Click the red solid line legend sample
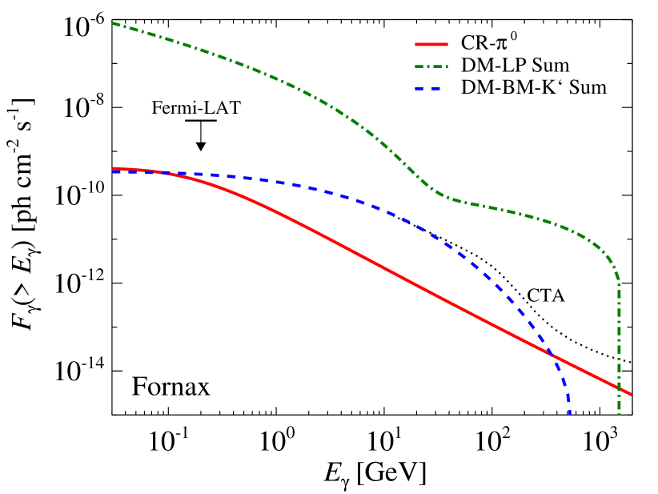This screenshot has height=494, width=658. coord(431,45)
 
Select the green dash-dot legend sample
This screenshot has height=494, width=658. coord(431,66)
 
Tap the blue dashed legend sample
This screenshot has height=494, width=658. coord(431,89)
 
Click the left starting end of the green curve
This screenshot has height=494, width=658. coord(113,23)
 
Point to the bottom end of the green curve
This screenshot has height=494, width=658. coord(619,414)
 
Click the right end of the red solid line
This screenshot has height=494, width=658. coord(632,395)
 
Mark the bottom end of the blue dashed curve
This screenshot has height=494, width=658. coord(569,414)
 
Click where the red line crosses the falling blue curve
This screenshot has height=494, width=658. coord(551,352)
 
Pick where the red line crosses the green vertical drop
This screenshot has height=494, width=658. coord(619,388)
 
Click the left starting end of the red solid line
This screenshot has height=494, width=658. coord(113,169)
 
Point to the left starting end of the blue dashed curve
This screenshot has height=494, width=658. coord(113,171)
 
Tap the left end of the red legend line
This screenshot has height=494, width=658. coord(415,45)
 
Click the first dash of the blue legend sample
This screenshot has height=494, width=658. coord(419,89)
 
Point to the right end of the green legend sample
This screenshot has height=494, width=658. coord(447,66)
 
